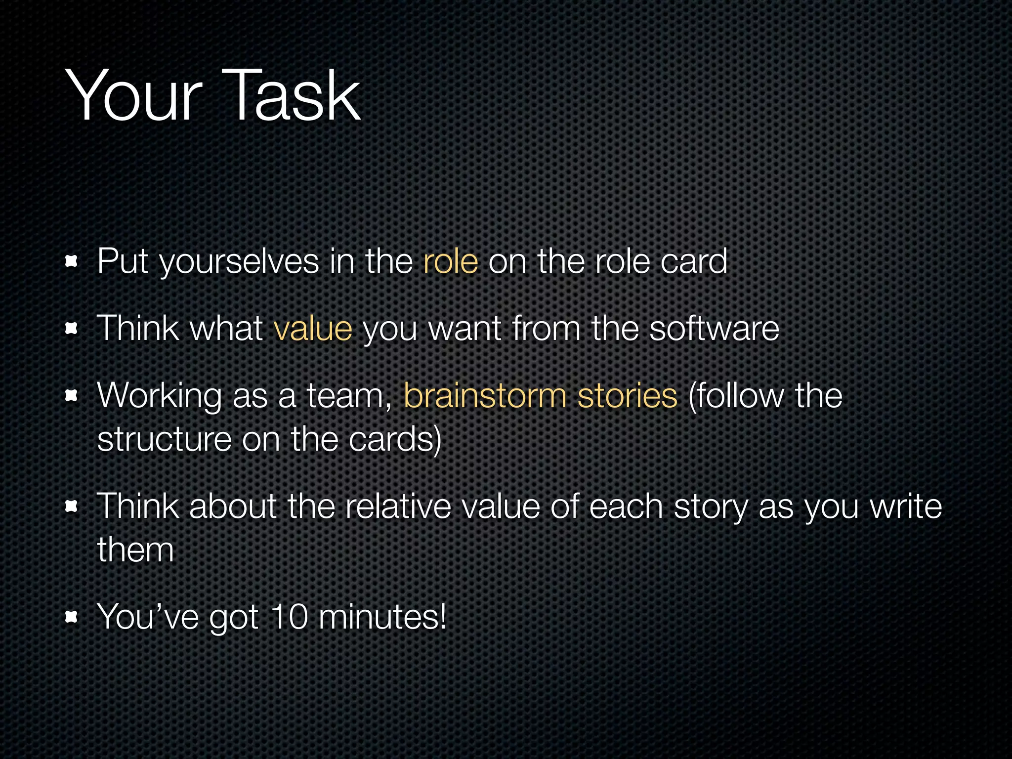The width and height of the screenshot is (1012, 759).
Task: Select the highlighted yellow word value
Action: (x=313, y=328)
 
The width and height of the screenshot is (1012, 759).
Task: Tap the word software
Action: (x=714, y=328)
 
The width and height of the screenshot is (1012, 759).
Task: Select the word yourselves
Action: (x=239, y=262)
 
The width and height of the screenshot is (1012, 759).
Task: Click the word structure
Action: (x=164, y=439)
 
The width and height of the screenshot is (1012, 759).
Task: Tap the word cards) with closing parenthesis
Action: (x=395, y=439)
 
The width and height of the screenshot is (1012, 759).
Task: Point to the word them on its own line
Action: (x=135, y=549)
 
